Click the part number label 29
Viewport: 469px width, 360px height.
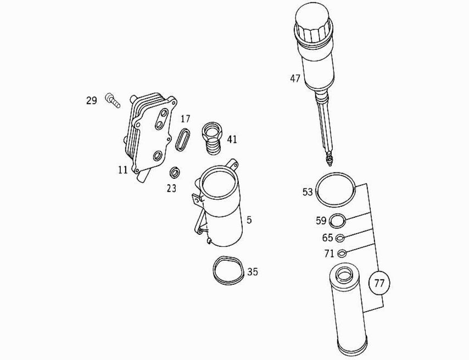(91, 100)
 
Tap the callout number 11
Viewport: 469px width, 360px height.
(122, 170)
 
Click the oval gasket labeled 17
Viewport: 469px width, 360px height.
(183, 139)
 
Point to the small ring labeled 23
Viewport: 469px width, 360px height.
(175, 173)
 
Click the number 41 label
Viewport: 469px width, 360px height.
(232, 139)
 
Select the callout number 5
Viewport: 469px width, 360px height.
(249, 220)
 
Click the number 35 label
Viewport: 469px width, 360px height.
(252, 272)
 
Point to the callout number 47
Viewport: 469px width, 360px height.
(295, 78)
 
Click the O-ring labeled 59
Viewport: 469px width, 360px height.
(337, 221)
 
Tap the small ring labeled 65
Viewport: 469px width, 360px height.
(340, 238)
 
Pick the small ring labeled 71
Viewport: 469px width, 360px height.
(341, 254)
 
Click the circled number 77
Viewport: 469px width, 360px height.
(379, 284)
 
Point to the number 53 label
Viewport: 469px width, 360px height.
(308, 192)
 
